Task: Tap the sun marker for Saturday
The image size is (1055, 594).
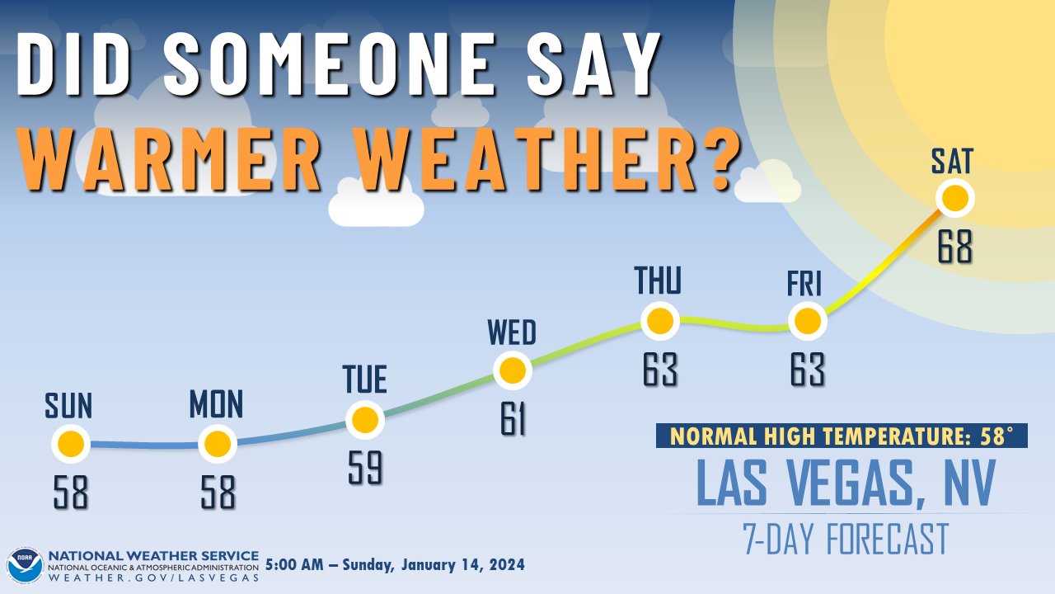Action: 955,198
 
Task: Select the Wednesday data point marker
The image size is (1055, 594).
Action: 513,370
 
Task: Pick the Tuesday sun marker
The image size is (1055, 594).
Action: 364,420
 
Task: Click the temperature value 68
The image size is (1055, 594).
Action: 955,247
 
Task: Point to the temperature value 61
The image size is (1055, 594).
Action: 513,419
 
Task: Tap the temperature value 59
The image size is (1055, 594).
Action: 364,469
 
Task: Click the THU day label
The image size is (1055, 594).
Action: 659,281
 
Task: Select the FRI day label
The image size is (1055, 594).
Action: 805,285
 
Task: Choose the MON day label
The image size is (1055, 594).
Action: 216,405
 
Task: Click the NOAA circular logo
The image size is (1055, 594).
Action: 24,565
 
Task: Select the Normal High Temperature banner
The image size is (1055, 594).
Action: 842,436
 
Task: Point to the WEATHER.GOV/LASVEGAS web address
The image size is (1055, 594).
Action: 153,577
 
